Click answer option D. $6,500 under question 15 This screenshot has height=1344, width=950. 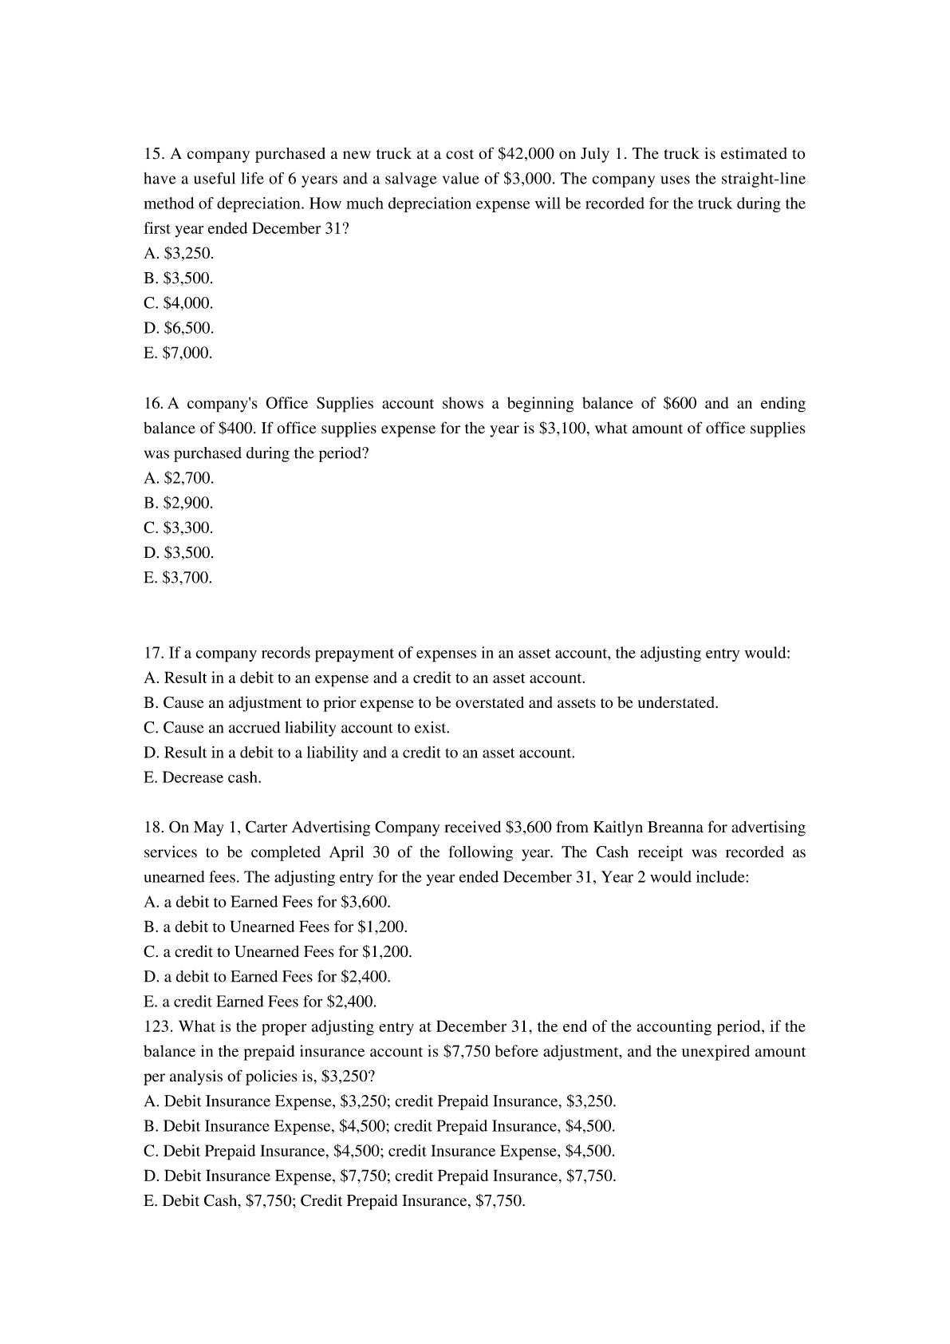point(179,328)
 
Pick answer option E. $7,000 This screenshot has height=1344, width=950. point(178,353)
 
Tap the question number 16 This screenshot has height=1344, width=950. point(153,404)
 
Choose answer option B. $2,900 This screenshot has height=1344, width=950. point(179,503)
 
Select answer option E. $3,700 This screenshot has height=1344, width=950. point(178,578)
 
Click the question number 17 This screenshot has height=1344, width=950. point(153,653)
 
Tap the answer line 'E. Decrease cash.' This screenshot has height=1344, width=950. point(203,777)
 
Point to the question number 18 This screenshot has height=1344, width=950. point(153,828)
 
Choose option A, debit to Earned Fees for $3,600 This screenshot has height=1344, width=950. point(267,902)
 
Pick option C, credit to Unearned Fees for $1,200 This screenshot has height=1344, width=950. point(278,952)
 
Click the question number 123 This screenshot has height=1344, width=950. point(157,1026)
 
